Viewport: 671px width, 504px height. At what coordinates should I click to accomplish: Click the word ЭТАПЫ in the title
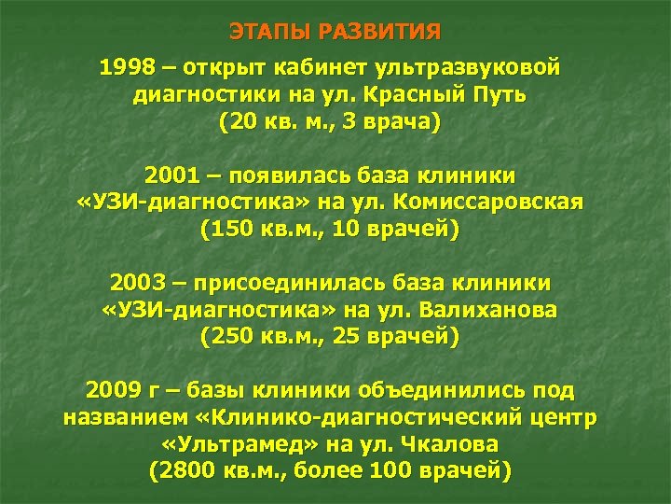click(269, 33)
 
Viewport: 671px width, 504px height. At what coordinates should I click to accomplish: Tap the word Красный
click(412, 95)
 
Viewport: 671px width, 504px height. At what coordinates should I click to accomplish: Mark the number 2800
click(188, 470)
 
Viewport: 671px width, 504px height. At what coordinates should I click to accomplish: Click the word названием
click(128, 417)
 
